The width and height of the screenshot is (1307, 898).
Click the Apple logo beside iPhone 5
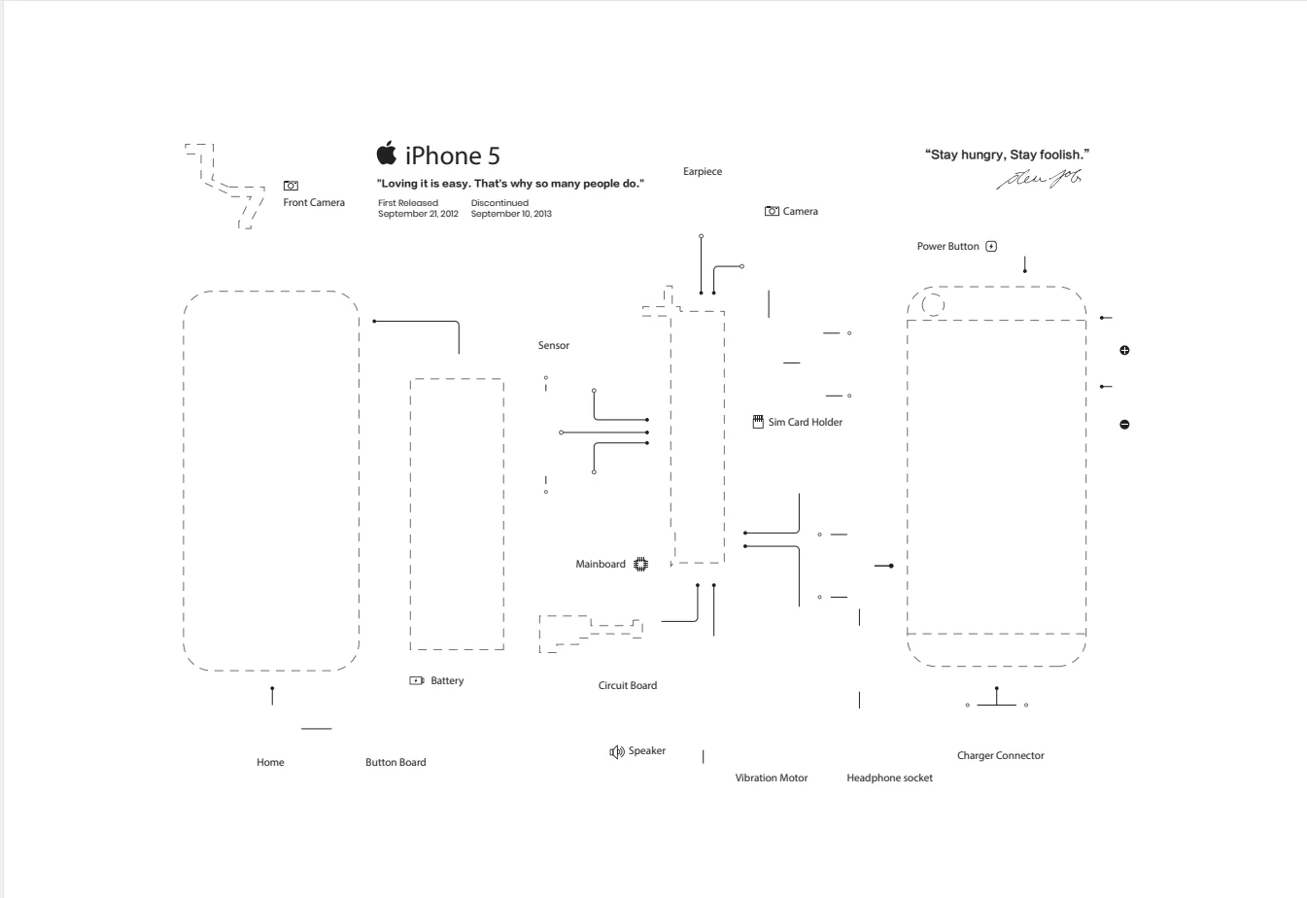387,154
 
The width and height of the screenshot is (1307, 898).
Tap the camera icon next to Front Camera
291,185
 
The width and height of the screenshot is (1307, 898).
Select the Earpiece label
703,172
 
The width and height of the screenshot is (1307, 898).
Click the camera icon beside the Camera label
773,211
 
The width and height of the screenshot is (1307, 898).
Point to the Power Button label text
947,247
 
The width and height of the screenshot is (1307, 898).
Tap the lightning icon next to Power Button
991,247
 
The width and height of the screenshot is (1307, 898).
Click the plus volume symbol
1124,350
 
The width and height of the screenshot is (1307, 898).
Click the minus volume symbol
1124,425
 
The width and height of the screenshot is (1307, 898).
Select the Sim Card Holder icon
758,422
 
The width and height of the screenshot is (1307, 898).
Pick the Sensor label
554,346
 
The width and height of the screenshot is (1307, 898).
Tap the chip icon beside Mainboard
640,565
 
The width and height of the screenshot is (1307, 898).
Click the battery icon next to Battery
417,681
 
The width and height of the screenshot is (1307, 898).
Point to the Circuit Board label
628,686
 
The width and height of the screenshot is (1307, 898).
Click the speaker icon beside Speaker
616,751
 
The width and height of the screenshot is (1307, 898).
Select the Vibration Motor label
772,778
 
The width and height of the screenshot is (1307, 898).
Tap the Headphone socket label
889,778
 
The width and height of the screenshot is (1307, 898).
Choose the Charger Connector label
1000,756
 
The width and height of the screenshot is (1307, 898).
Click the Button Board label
396,763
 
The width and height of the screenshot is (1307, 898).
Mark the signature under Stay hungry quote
1039,178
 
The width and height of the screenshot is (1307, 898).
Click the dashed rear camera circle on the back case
933,305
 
